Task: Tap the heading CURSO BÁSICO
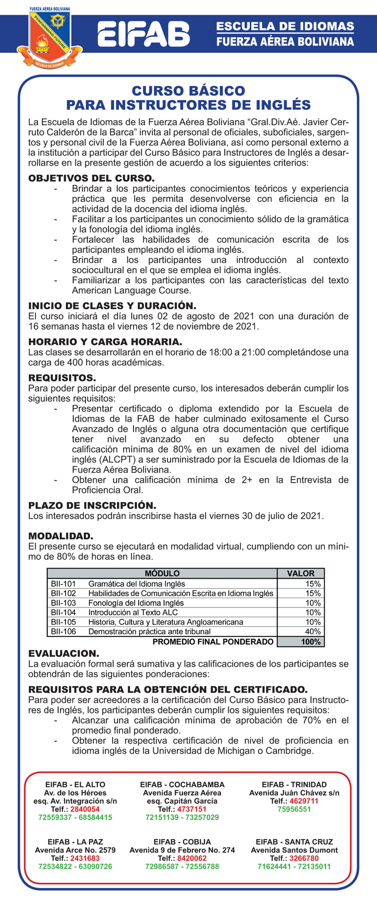pyautogui.click(x=188, y=91)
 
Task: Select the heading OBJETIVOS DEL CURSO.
pyautogui.click(x=91, y=178)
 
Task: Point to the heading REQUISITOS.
pyautogui.click(x=62, y=378)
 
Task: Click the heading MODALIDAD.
pyautogui.click(x=61, y=536)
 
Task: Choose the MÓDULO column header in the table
pyautogui.click(x=162, y=573)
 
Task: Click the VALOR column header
pyautogui.click(x=301, y=573)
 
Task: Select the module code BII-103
pyautogui.click(x=63, y=603)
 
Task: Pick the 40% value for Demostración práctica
pyautogui.click(x=313, y=632)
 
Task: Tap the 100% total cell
pyautogui.click(x=311, y=642)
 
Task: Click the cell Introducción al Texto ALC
pyautogui.click(x=133, y=612)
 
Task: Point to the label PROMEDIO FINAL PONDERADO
pyautogui.click(x=213, y=642)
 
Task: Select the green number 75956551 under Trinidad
pyautogui.click(x=294, y=809)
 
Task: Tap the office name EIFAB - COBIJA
pyautogui.click(x=182, y=842)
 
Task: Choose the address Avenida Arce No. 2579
pyautogui.click(x=75, y=850)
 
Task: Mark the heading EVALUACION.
pyautogui.click(x=63, y=654)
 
